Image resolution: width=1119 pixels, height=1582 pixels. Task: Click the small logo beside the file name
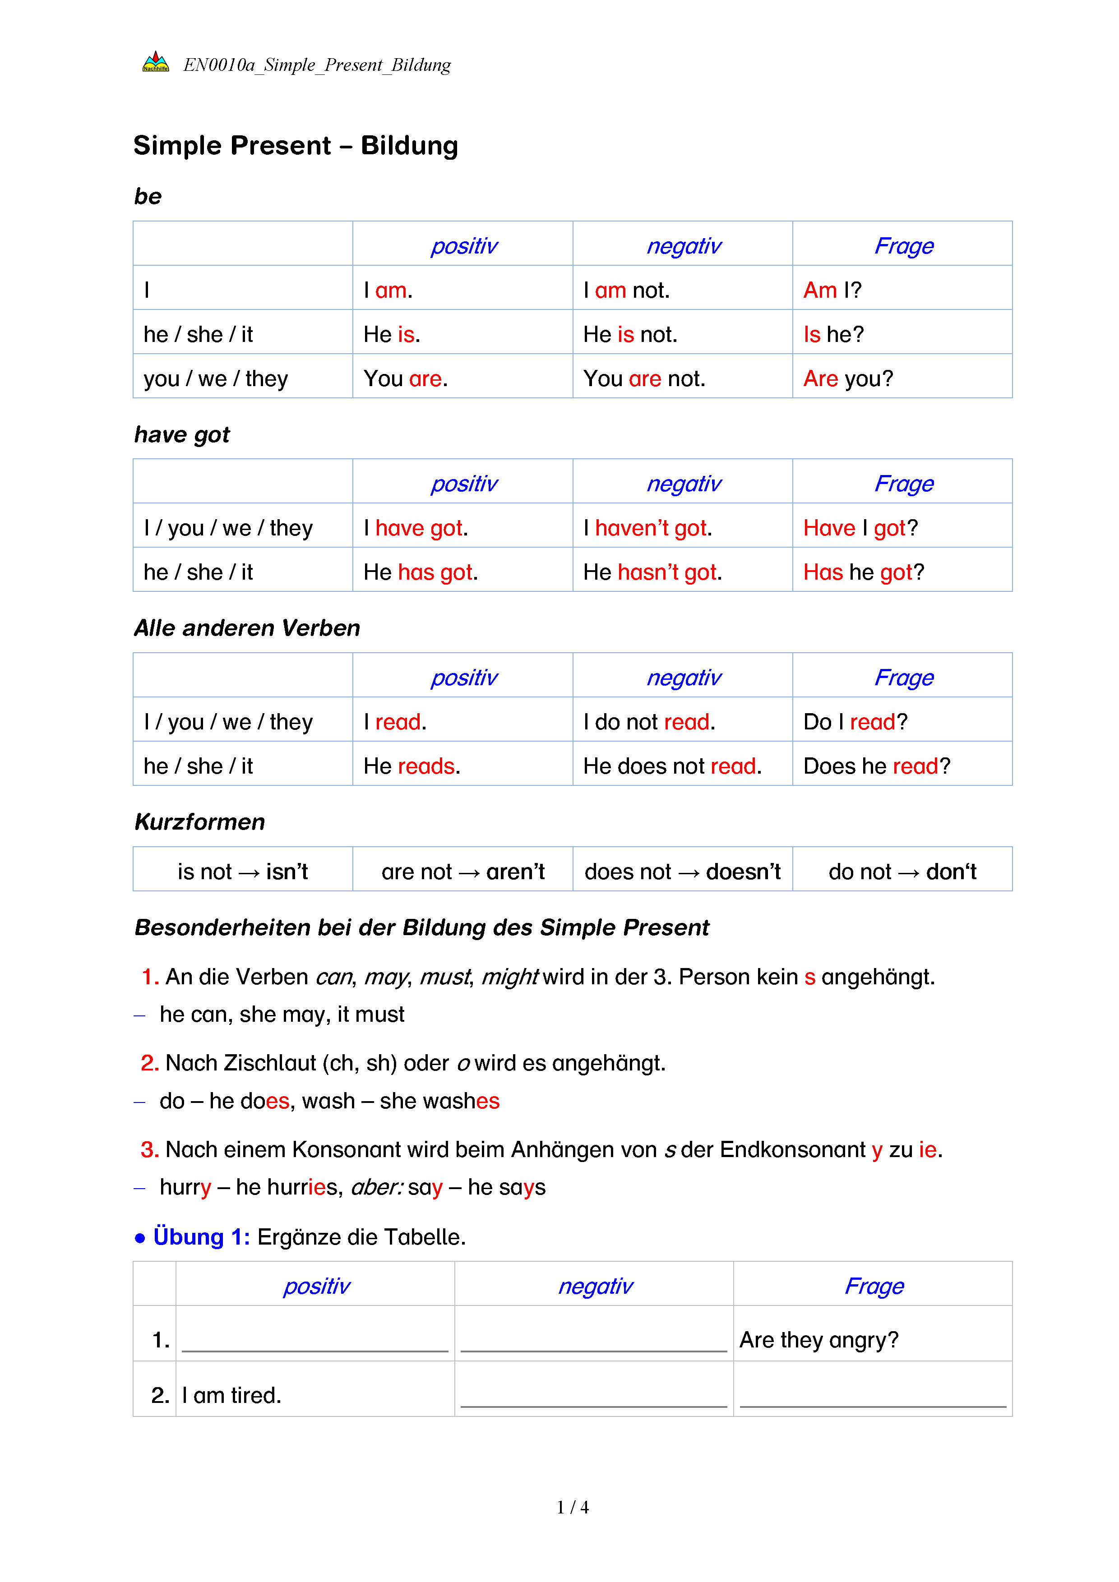(155, 63)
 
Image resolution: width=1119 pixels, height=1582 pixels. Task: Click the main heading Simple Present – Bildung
(296, 146)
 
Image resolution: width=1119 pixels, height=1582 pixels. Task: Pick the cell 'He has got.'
(421, 572)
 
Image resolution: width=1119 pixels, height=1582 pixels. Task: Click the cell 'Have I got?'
(860, 528)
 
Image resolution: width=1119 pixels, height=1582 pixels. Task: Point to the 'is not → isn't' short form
(243, 872)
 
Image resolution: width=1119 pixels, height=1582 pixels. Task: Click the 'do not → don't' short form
(902, 872)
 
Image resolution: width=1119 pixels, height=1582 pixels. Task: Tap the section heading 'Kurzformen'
(200, 822)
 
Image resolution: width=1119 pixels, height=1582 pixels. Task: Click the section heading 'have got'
(182, 435)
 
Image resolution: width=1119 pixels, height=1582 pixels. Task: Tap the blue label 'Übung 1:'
(200, 1237)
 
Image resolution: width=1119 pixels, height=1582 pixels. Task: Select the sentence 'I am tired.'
(231, 1395)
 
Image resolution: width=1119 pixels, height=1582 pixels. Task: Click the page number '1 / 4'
(573, 1508)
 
